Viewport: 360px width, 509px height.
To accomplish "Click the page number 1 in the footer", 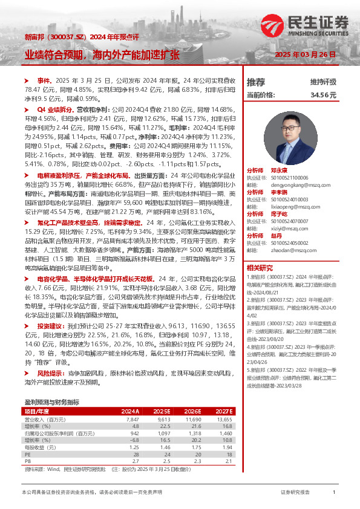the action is point(334,493).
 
